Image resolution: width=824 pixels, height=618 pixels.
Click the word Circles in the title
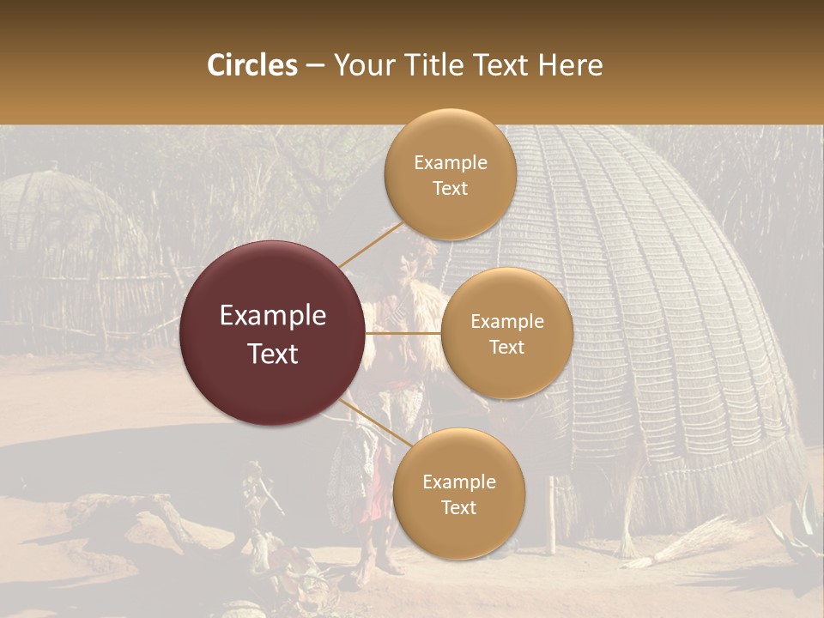[251, 65]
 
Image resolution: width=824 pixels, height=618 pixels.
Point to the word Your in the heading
[360, 65]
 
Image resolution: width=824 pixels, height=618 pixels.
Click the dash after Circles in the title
[315, 66]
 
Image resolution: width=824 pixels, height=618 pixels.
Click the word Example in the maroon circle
[273, 316]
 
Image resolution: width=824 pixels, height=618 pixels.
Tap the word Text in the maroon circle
[273, 354]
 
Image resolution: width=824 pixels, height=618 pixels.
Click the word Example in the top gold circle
[450, 163]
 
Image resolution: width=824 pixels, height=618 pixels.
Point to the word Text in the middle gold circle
[506, 348]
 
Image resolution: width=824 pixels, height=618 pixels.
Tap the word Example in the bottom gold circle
[458, 482]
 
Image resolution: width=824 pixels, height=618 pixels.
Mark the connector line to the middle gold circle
[403, 332]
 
